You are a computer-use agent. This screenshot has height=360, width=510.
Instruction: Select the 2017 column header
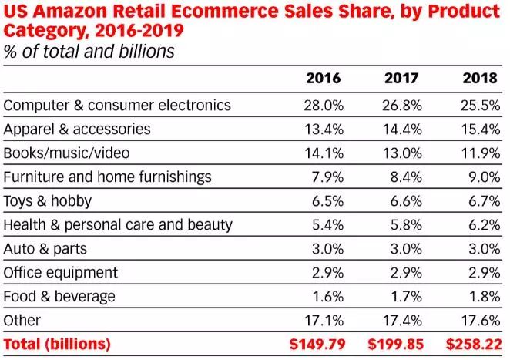[401, 79]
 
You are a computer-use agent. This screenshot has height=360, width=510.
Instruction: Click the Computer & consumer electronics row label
[117, 105]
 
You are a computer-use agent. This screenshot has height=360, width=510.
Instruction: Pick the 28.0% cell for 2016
[323, 105]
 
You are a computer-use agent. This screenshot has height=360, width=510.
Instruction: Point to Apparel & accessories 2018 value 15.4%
[479, 129]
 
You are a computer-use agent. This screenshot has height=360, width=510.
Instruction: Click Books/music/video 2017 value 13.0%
[401, 153]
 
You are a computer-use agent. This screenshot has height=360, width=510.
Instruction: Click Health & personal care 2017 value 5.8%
[405, 224]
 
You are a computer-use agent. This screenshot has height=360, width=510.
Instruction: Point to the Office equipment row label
[61, 272]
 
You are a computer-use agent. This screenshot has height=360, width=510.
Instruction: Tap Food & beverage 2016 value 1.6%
[327, 296]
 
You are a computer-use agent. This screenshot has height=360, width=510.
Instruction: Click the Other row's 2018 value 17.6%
[479, 320]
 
